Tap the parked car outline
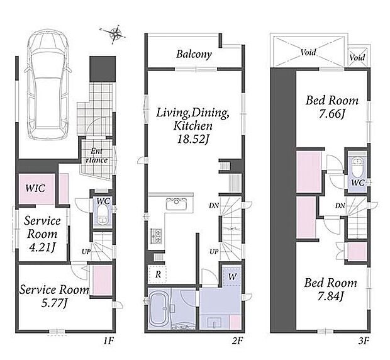pos(47,84)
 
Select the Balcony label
pos(194,54)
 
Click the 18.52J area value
pos(192,139)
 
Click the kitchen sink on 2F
pos(177,202)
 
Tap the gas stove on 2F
pos(156,235)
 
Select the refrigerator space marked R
pos(158,274)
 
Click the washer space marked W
pos(232,276)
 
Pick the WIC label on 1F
pos(36,188)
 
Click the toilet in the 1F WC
pos(102,215)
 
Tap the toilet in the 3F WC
pos(357,164)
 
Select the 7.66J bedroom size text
pos(331,114)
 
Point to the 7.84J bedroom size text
pos(330,296)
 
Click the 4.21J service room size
pos(42,247)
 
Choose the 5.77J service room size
pos(54,303)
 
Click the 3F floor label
pos(364,340)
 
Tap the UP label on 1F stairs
pos(86,252)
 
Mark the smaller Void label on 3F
pos(357,58)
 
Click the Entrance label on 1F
pos(96,155)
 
